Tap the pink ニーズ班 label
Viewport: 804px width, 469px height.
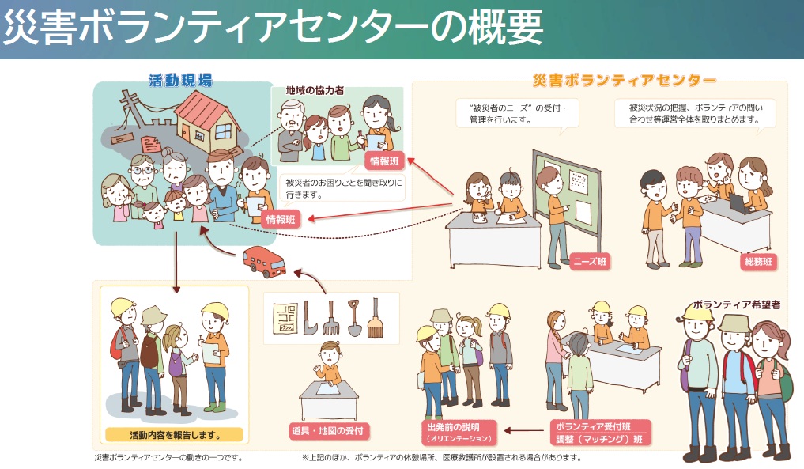590,261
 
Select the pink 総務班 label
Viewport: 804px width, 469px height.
758,261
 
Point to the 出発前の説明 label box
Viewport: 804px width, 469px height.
459,431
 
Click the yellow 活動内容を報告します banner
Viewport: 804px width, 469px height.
174,434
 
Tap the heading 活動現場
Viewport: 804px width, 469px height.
180,80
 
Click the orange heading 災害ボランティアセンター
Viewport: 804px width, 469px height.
625,80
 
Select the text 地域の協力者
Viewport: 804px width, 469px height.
315,91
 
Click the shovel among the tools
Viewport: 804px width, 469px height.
354,316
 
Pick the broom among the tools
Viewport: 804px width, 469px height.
375,316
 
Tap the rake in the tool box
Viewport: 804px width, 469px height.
330,316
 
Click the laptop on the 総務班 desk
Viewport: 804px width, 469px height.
738,203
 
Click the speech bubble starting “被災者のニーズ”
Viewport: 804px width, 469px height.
518,113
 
